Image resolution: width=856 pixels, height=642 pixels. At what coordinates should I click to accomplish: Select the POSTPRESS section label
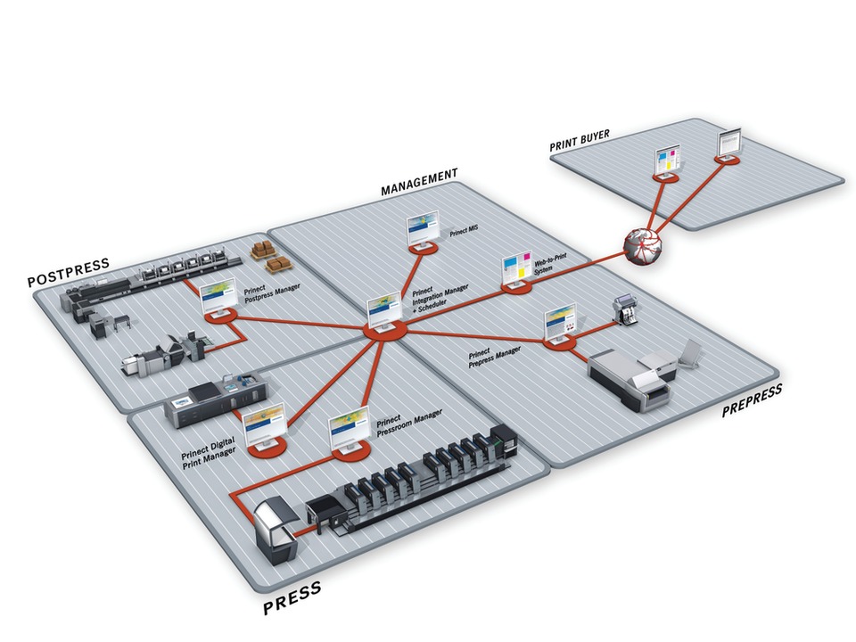point(68,271)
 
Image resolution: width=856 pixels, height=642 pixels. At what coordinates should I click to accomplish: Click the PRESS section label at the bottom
point(292,599)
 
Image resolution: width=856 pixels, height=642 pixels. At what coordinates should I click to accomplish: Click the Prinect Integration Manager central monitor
point(385,312)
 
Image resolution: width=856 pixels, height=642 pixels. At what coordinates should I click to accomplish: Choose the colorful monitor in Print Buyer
point(668,161)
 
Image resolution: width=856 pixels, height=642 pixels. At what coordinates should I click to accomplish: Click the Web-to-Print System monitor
point(516,270)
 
